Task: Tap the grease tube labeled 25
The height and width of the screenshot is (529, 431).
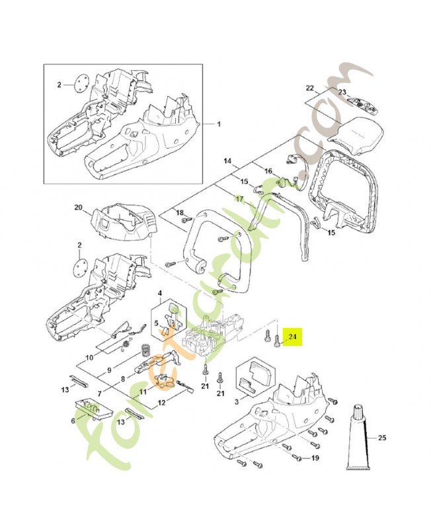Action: click(x=362, y=437)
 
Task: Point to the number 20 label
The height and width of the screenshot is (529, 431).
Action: click(x=79, y=208)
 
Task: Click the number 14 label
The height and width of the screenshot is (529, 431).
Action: click(x=227, y=161)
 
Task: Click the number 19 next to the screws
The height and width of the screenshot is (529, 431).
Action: click(x=315, y=458)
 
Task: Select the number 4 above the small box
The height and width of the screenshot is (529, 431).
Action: click(x=159, y=293)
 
